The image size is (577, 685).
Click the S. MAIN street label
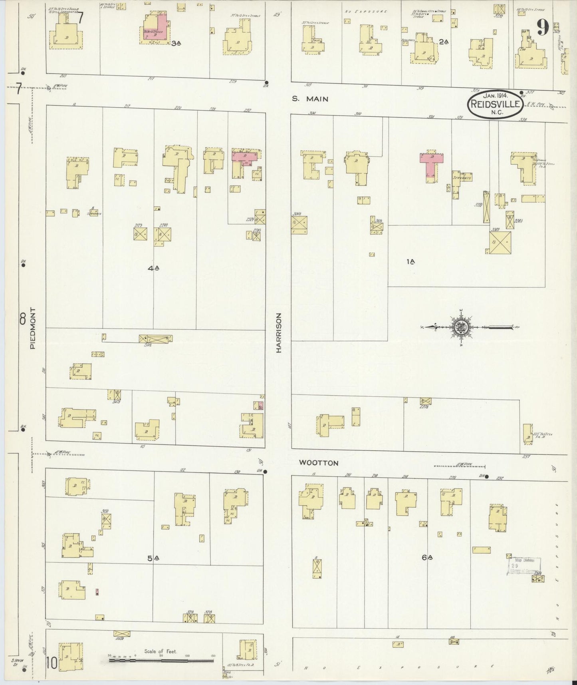[309, 99]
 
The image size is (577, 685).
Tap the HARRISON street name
[279, 332]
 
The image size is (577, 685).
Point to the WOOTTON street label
[319, 463]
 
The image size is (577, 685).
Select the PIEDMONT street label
[32, 328]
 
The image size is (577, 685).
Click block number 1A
[410, 261]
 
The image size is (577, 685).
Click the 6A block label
[427, 558]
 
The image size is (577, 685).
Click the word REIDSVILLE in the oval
[495, 105]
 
